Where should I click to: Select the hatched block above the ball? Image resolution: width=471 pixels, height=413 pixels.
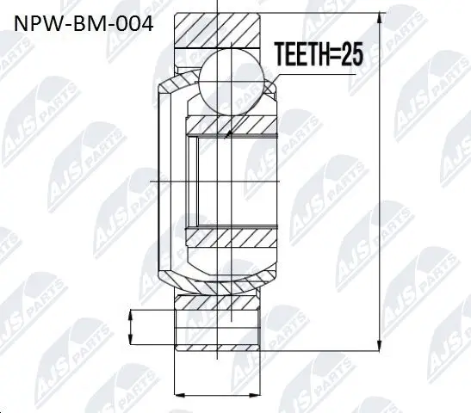[219, 29]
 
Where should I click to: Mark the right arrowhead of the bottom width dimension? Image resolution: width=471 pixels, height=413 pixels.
[257, 393]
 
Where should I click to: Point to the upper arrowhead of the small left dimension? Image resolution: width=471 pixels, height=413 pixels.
[131, 315]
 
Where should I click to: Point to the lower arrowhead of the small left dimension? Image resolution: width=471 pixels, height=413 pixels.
[131, 339]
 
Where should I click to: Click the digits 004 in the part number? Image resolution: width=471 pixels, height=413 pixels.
[134, 23]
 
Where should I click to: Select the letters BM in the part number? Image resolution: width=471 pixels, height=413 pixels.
[89, 23]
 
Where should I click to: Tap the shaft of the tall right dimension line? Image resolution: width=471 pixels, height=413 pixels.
[379, 181]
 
